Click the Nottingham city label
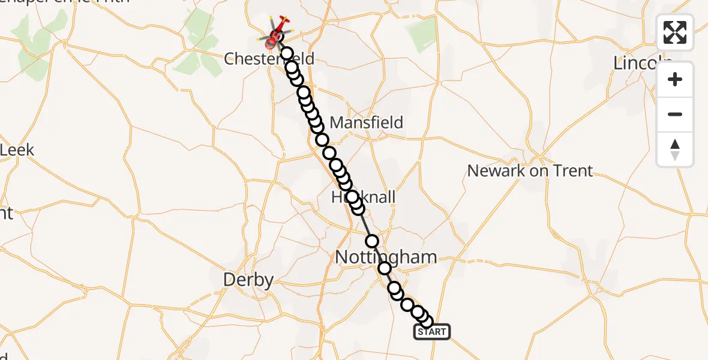tap(386, 257)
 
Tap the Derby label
tap(248, 280)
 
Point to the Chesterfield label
tap(269, 58)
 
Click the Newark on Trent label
tap(530, 171)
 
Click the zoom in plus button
tap(675, 80)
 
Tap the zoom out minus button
tap(675, 115)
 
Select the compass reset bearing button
tap(675, 149)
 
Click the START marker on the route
tap(431, 332)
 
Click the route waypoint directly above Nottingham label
tap(373, 241)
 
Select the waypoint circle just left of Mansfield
tap(316, 126)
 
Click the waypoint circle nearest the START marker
tap(426, 322)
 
